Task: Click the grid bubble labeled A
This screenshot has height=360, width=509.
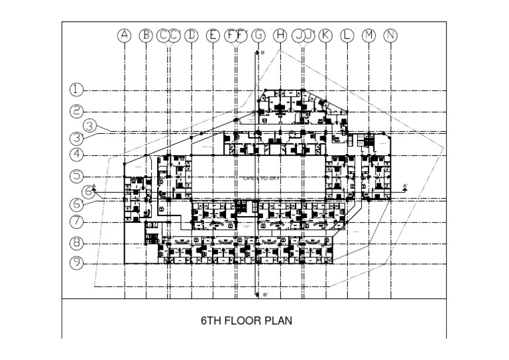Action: [124, 36]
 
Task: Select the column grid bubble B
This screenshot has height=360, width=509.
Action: [146, 36]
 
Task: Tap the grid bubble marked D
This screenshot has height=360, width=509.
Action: [192, 36]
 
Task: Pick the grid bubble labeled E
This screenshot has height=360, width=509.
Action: [213, 36]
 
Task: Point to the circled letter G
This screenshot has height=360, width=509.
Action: [258, 36]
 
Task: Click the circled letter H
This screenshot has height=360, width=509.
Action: [280, 36]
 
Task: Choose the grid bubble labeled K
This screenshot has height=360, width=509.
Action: [325, 36]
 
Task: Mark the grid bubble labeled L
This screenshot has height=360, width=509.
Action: [347, 36]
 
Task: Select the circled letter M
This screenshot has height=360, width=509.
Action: [369, 36]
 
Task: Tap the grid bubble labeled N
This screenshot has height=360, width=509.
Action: [391, 36]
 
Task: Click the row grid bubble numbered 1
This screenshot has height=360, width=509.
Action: [78, 90]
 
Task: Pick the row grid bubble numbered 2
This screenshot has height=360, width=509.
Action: [78, 111]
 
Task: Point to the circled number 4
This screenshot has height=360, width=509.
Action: [78, 155]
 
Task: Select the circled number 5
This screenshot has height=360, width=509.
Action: [78, 176]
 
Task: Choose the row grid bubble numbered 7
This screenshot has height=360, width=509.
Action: [78, 221]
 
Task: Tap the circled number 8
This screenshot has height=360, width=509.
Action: [78, 243]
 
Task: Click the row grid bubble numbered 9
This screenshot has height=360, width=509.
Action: [78, 263]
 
